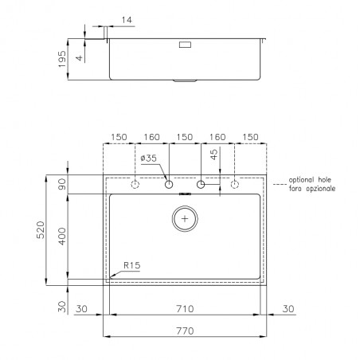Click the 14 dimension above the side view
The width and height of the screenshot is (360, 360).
[127, 20]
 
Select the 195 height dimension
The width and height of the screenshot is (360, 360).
[62, 59]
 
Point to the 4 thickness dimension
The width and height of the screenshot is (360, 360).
[80, 57]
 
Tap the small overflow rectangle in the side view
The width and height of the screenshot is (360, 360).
[185, 45]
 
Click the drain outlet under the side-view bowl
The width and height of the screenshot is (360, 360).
[185, 80]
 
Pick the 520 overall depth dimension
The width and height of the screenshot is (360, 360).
[41, 230]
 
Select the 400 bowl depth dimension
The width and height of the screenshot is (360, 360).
[62, 236]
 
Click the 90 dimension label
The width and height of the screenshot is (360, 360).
[62, 184]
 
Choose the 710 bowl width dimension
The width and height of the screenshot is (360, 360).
[185, 309]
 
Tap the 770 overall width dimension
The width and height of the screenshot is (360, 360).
[185, 331]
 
